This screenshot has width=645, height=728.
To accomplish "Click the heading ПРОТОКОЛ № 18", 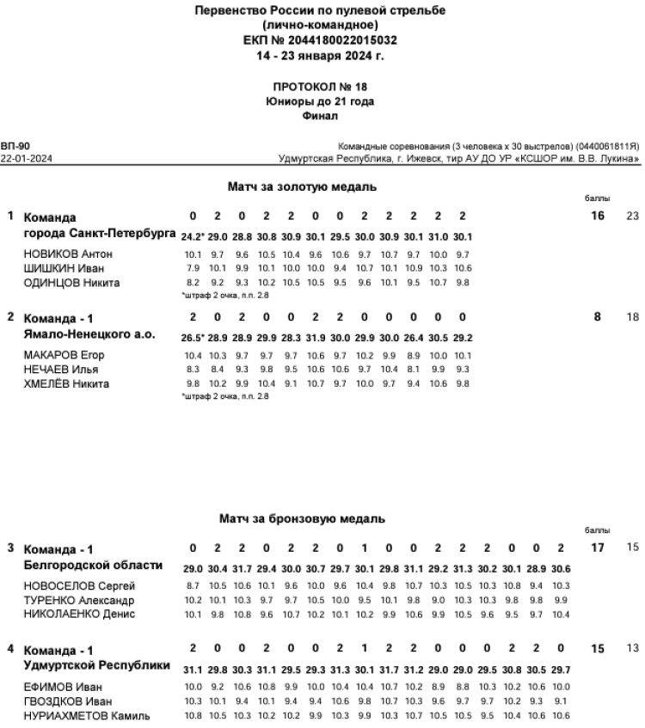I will [x=320, y=88].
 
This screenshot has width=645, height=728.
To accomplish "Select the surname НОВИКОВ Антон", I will [x=68, y=254].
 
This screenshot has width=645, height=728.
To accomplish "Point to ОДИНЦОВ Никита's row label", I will [x=71, y=284].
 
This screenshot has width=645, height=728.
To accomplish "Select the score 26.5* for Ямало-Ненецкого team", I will [x=192, y=338].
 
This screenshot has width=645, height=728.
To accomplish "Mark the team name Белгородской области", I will [x=93, y=566].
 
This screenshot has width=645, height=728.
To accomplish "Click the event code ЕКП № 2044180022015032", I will [x=321, y=40].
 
